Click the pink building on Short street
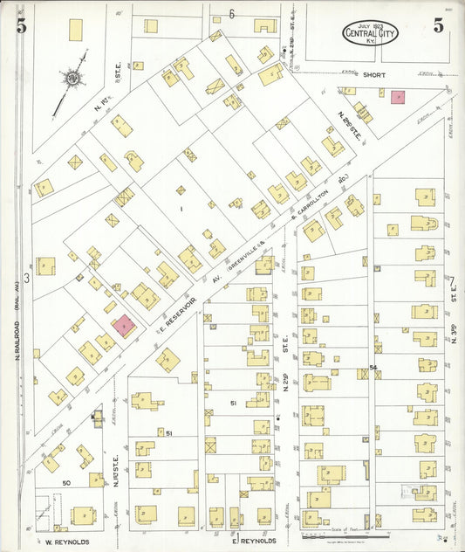click(x=398, y=98)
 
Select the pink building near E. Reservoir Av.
click(x=124, y=326)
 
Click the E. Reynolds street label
click(x=254, y=541)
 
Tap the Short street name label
click(x=371, y=76)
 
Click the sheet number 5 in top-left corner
click(x=20, y=25)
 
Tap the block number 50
click(x=65, y=482)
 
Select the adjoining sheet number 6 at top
click(x=232, y=14)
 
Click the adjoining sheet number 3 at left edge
click(x=27, y=279)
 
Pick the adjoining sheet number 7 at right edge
click(x=453, y=281)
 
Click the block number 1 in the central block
click(x=181, y=210)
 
